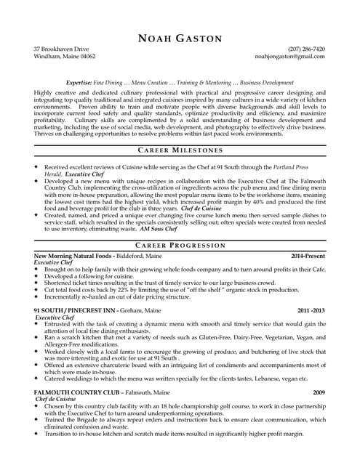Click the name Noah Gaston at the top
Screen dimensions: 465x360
[180, 38]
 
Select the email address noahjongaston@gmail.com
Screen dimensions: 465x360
[290, 56]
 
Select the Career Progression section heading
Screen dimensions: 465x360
[180, 246]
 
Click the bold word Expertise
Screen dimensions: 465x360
[79, 83]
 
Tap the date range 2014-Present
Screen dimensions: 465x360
[308, 256]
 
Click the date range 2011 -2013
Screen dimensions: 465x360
[311, 310]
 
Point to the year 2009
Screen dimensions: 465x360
[319, 392]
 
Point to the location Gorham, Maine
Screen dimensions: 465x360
[140, 310]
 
